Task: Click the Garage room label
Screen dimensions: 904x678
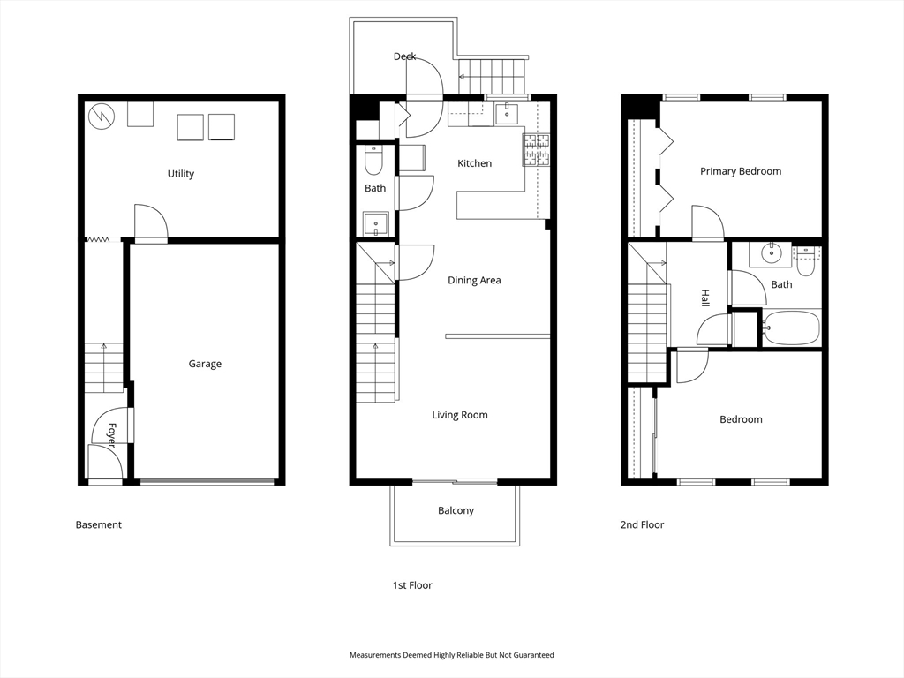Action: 205,364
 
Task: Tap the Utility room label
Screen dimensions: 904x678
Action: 180,174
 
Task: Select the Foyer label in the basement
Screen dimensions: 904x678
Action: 111,435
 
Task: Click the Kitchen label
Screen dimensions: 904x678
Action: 474,163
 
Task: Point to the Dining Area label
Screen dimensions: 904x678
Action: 474,280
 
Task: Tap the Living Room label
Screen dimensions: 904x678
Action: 459,415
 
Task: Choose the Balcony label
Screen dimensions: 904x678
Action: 456,511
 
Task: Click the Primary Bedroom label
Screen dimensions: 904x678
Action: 741,171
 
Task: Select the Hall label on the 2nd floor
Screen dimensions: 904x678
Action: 704,298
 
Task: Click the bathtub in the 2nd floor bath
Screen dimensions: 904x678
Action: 791,328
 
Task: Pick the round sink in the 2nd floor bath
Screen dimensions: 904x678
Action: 770,252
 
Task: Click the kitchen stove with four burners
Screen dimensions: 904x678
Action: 536,150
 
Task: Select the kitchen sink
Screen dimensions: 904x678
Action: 506,114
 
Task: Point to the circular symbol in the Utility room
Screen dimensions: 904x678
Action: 102,117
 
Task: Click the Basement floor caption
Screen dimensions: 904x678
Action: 99,524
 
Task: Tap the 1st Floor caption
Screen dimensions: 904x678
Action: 412,585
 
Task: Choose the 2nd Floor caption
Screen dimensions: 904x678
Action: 642,524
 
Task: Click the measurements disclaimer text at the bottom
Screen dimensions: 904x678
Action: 451,655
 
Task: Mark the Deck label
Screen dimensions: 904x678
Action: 404,56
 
